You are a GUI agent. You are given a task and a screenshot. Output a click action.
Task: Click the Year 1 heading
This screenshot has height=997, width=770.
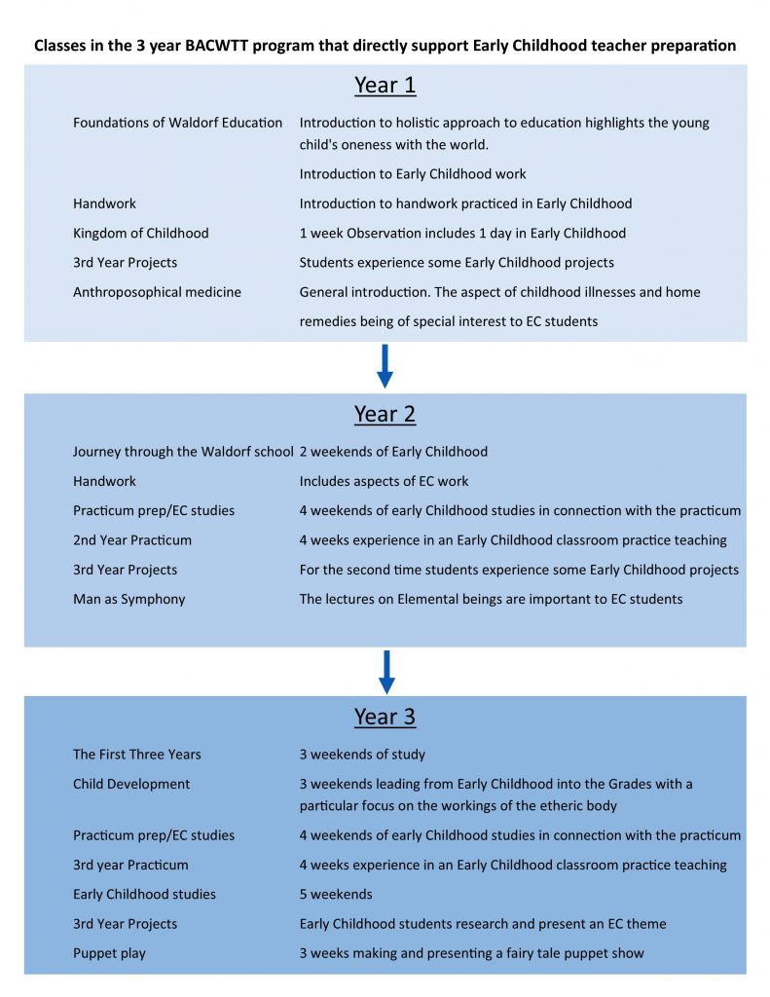[x=385, y=86]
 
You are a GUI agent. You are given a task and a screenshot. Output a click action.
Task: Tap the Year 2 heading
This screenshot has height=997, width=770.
[x=385, y=414]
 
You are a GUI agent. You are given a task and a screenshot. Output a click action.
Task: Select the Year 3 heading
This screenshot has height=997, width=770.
[x=385, y=718]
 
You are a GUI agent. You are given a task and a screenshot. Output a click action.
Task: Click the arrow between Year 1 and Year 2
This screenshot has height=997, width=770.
[x=385, y=366]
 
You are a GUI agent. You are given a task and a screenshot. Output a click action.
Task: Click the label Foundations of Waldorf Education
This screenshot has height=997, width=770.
[x=178, y=123]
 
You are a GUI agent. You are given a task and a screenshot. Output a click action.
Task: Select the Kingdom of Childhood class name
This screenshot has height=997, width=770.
[x=141, y=233]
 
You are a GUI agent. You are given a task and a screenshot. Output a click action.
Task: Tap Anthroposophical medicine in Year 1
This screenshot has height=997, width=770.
[x=157, y=292]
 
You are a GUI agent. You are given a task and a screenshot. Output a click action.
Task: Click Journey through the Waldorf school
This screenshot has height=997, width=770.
[x=183, y=452]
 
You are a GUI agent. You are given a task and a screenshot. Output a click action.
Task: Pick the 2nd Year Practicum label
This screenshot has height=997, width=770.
[x=132, y=540]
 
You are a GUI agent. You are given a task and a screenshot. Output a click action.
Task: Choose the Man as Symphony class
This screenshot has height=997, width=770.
[x=128, y=599]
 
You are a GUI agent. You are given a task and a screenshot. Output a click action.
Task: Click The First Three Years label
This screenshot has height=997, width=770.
[x=137, y=755]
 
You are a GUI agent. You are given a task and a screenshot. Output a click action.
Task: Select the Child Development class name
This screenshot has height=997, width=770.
[x=131, y=784]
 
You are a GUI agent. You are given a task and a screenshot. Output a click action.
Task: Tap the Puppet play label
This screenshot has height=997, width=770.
[x=109, y=953]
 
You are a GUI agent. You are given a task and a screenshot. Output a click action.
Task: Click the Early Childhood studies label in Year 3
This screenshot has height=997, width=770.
[x=144, y=894]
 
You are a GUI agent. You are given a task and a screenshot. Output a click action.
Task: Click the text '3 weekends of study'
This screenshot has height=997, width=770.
[x=362, y=755]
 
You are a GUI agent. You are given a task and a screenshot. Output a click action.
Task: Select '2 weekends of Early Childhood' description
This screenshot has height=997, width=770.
[x=393, y=452]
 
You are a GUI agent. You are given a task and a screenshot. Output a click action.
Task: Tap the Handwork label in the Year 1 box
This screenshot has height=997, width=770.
[x=104, y=203]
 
